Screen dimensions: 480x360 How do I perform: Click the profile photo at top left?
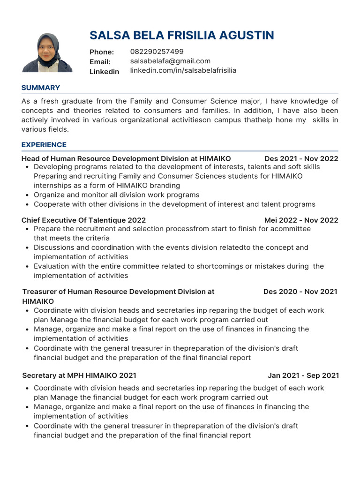click(x=47, y=52)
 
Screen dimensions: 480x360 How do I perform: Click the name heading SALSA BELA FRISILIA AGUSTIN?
click(x=182, y=35)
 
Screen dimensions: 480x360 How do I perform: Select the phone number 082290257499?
click(x=157, y=52)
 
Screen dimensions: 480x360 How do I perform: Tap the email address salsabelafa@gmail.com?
click(x=170, y=61)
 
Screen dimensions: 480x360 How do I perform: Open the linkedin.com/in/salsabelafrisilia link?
click(x=183, y=70)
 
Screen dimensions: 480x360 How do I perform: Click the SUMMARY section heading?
click(x=41, y=88)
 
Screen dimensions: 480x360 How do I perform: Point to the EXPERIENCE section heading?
click(x=44, y=145)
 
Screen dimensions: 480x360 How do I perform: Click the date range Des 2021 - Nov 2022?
click(x=301, y=158)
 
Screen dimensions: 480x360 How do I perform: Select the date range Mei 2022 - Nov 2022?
click(x=301, y=220)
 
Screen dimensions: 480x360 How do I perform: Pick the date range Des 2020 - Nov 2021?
click(x=300, y=292)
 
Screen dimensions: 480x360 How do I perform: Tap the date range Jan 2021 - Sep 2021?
click(x=303, y=375)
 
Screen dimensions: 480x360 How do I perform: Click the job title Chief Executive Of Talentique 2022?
click(x=83, y=220)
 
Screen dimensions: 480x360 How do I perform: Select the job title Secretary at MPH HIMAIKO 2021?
click(x=79, y=375)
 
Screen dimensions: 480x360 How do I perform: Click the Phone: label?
click(x=102, y=52)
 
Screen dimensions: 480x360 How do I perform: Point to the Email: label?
click(x=100, y=62)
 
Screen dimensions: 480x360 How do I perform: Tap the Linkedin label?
click(x=104, y=71)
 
